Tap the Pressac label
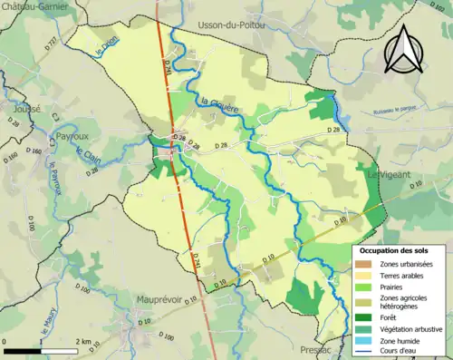pos(320,349)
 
